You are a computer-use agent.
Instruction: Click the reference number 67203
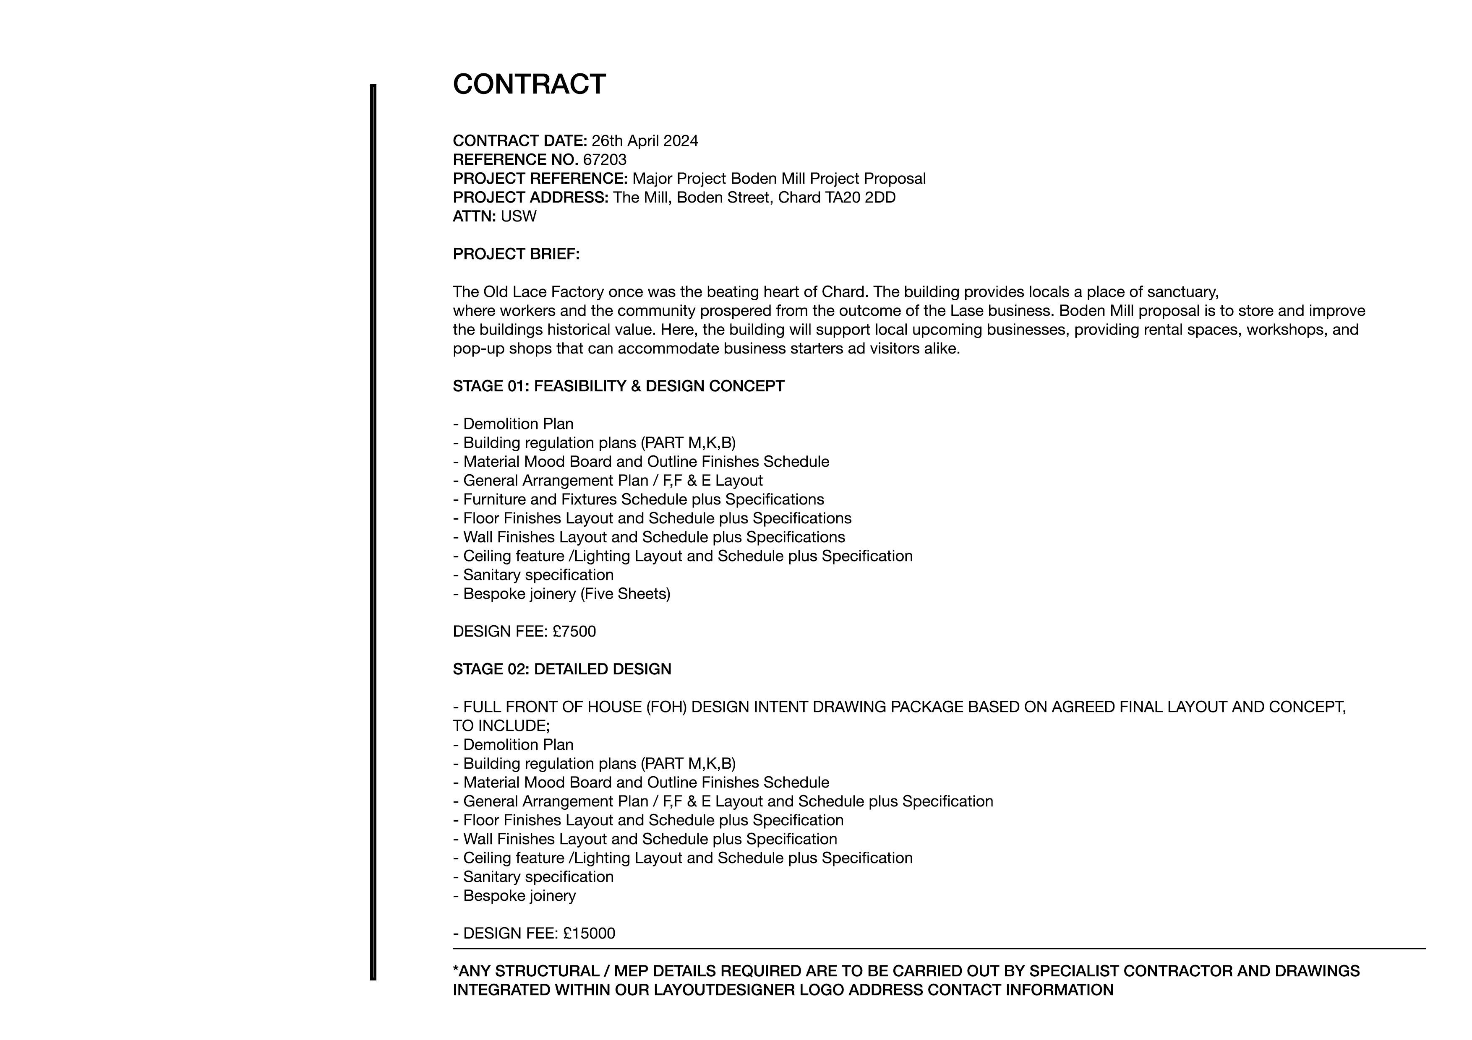click(605, 159)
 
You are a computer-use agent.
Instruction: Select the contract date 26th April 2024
click(645, 141)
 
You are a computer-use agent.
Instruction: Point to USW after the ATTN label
click(518, 216)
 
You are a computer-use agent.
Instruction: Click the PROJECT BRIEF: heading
click(516, 255)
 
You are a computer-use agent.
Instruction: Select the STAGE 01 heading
click(618, 386)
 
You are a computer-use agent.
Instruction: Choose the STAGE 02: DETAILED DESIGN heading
click(561, 670)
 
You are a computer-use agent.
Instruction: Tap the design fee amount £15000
click(589, 933)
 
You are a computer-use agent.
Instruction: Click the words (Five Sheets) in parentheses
click(625, 594)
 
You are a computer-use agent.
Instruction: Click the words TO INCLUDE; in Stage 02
click(501, 726)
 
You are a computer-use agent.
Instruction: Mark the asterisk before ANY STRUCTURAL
click(456, 970)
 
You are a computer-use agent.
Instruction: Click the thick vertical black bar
click(373, 532)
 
